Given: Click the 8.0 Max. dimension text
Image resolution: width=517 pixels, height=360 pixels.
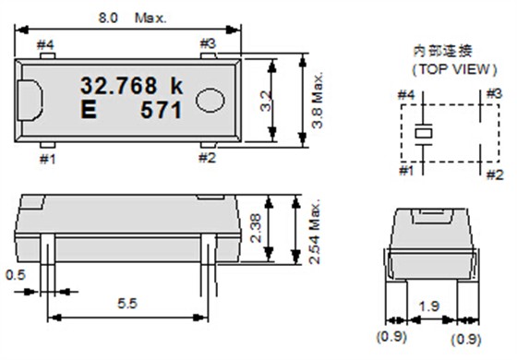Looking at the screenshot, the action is pyautogui.click(x=133, y=18).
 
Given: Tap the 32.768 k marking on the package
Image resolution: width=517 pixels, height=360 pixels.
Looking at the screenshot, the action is pyautogui.click(x=132, y=86).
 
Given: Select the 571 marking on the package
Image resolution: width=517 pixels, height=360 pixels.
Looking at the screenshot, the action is pyautogui.click(x=162, y=110).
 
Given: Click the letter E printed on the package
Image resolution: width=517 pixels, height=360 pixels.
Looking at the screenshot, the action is pyautogui.click(x=89, y=110).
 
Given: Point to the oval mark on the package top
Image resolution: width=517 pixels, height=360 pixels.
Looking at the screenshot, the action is pyautogui.click(x=210, y=101).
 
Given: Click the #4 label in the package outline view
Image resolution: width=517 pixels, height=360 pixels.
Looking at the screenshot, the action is pyautogui.click(x=45, y=45).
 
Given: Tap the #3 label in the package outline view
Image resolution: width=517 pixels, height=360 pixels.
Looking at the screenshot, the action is pyautogui.click(x=208, y=43).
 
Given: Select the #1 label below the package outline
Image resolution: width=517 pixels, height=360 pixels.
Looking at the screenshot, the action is pyautogui.click(x=48, y=160).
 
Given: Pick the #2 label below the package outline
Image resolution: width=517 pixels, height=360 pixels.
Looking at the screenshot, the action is pyautogui.click(x=208, y=158).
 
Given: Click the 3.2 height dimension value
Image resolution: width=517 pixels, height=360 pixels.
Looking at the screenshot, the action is pyautogui.click(x=266, y=101).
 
